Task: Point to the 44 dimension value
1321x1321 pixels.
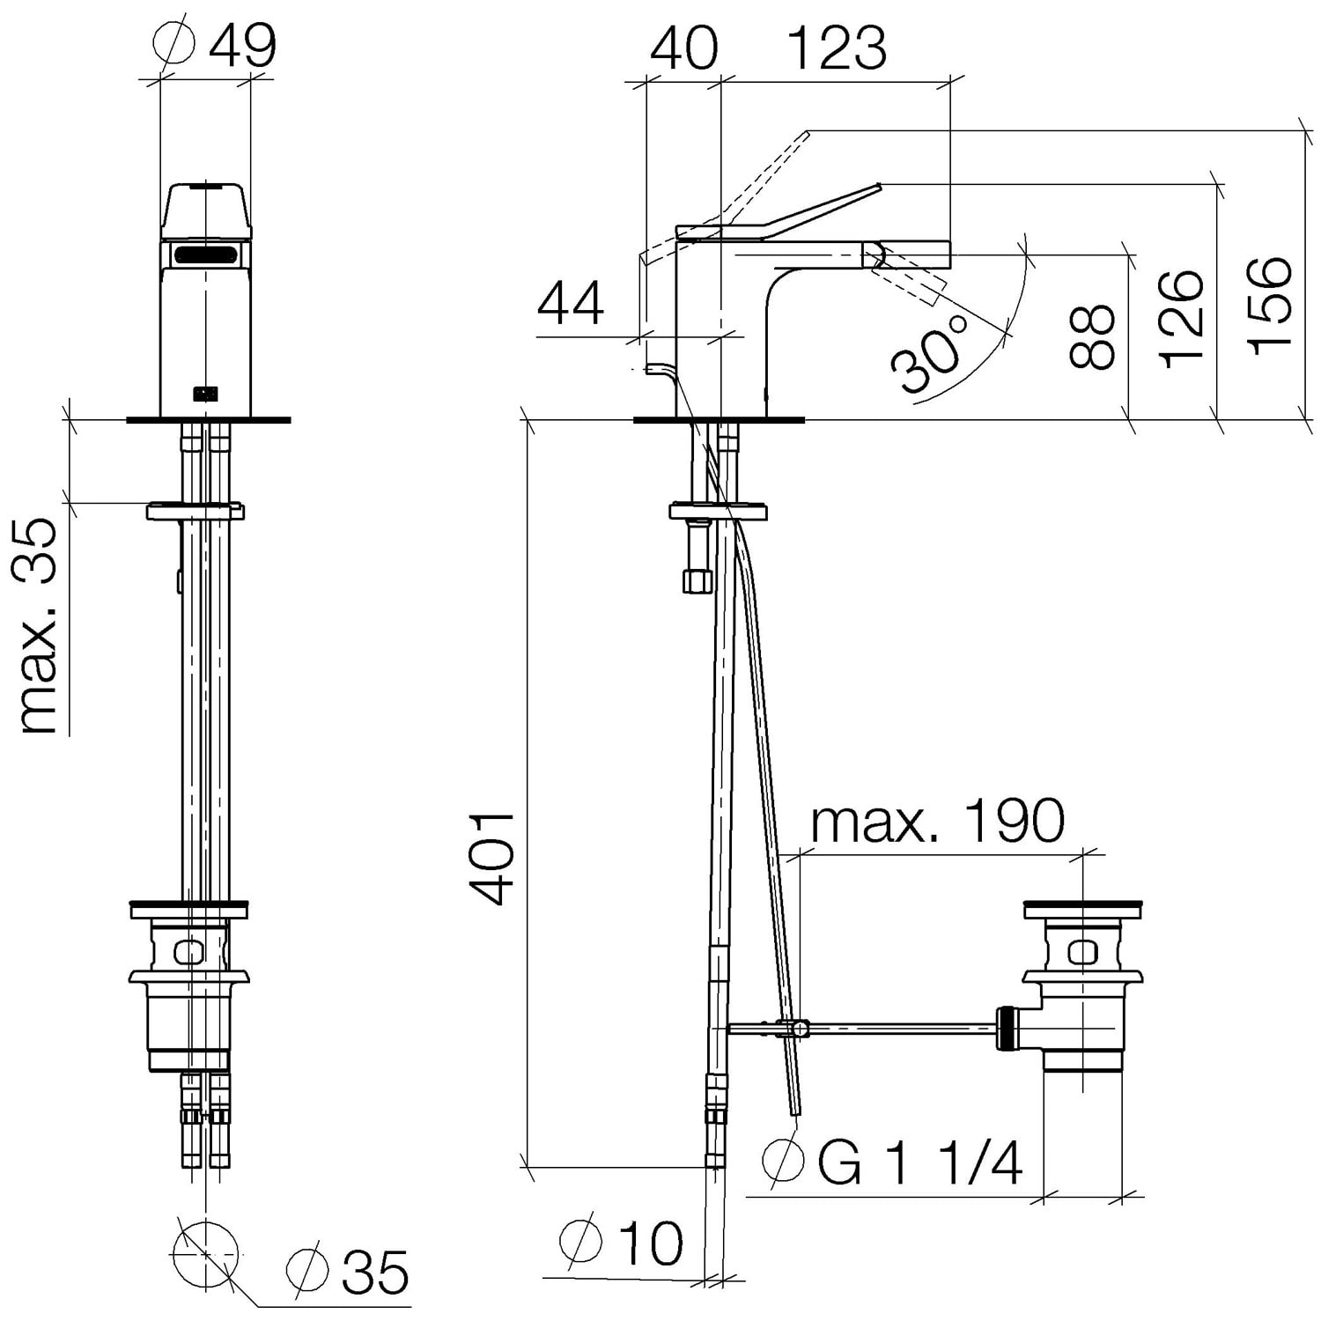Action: click(571, 304)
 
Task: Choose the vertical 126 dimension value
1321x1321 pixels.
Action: click(1181, 319)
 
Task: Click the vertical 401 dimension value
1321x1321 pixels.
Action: click(491, 859)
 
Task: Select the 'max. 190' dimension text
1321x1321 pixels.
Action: click(938, 821)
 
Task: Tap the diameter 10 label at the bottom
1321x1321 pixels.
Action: click(622, 1243)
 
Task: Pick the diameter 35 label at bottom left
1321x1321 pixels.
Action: click(348, 1271)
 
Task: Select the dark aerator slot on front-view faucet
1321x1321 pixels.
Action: click(204, 256)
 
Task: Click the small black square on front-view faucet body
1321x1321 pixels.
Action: click(205, 393)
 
